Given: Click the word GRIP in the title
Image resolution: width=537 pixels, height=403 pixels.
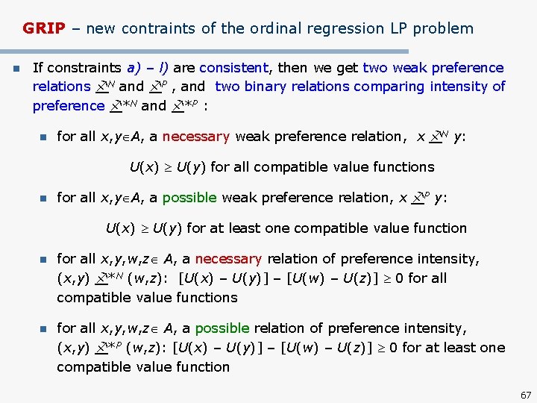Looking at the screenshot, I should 43,29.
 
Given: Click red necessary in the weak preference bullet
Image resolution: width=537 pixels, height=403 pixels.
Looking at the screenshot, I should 195,137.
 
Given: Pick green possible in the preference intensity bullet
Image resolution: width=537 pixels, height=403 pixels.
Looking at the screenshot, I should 222,328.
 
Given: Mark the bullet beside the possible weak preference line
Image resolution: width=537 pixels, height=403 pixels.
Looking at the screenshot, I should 43,199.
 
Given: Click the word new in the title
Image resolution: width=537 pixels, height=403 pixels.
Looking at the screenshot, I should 101,29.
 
